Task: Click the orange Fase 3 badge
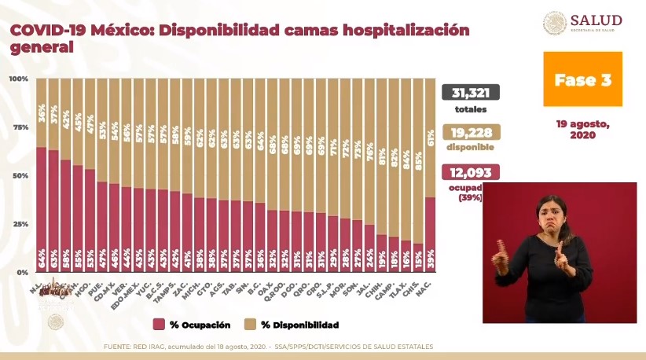pos(582,79)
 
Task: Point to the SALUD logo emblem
pos(555,23)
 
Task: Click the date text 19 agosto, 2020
pos(582,129)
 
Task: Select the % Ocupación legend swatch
pos(159,324)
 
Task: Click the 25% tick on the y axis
pos(19,223)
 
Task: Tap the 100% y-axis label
pos(19,79)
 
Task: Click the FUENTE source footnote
pos(267,347)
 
